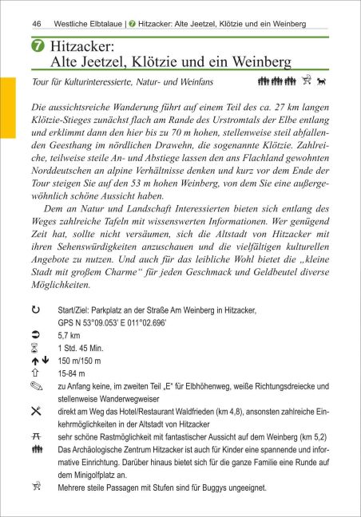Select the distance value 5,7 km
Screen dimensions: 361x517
(69, 359)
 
